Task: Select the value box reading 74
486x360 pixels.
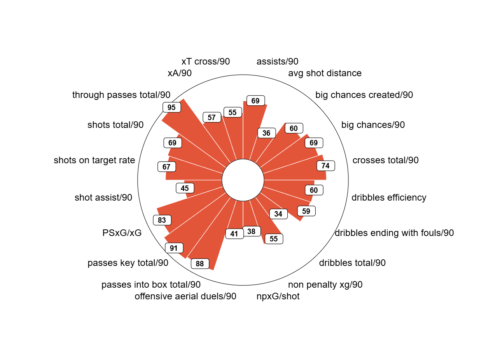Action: point(326,166)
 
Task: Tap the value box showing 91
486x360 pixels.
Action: point(174,248)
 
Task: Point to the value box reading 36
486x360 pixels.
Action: point(266,133)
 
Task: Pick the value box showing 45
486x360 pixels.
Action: point(185,188)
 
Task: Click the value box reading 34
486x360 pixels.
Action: point(278,214)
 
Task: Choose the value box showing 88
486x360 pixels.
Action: point(200,264)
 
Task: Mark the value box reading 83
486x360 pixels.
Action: point(162,220)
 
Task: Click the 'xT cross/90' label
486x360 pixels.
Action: point(206,61)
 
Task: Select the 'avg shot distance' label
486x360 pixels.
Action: point(325,73)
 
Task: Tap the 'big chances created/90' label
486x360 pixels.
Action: point(364,95)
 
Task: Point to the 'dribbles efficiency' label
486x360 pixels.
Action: point(389,197)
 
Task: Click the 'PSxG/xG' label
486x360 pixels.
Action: point(122,233)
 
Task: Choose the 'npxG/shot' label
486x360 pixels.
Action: point(278,297)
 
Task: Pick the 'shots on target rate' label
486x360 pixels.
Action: point(94,160)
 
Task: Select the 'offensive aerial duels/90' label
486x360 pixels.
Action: point(185,297)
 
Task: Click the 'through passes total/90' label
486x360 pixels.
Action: point(121,95)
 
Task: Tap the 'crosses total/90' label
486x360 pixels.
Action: point(385,160)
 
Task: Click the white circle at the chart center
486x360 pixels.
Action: point(243,180)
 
